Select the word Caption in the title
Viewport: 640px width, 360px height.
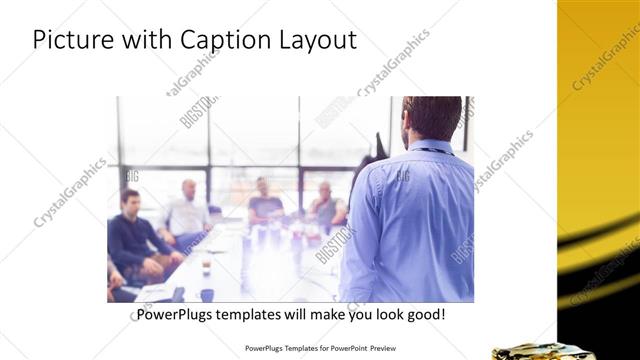tap(220, 40)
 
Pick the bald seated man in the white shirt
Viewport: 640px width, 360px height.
tap(186, 212)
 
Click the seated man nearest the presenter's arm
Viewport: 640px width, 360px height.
tap(325, 206)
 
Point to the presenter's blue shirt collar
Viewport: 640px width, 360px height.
tap(428, 150)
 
